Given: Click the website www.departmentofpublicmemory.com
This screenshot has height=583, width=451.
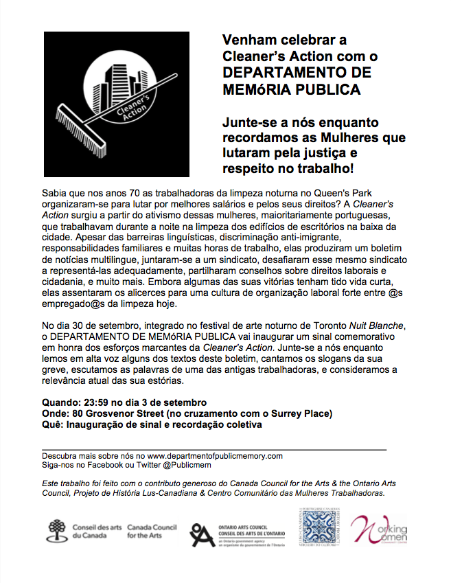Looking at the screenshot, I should tap(215, 455).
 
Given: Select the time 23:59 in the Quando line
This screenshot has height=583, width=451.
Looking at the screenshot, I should tap(95, 402).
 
